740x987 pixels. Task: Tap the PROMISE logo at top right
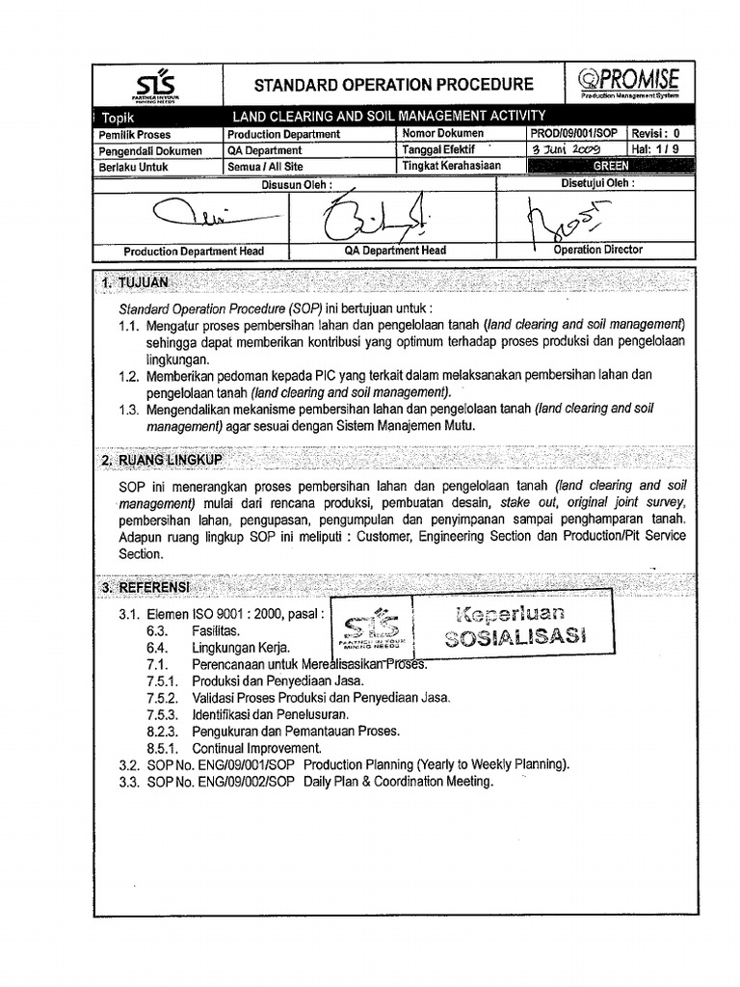pos(641,83)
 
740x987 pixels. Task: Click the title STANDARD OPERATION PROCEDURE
pos(379,85)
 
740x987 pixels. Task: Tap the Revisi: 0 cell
pos(660,135)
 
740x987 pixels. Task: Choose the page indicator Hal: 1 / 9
pos(660,150)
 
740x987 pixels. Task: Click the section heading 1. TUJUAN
pos(135,283)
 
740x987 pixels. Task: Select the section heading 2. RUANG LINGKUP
pos(162,461)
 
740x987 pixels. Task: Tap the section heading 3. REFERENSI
pos(145,587)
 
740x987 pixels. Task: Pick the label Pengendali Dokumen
pos(150,150)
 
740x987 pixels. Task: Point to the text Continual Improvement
pos(256,748)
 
